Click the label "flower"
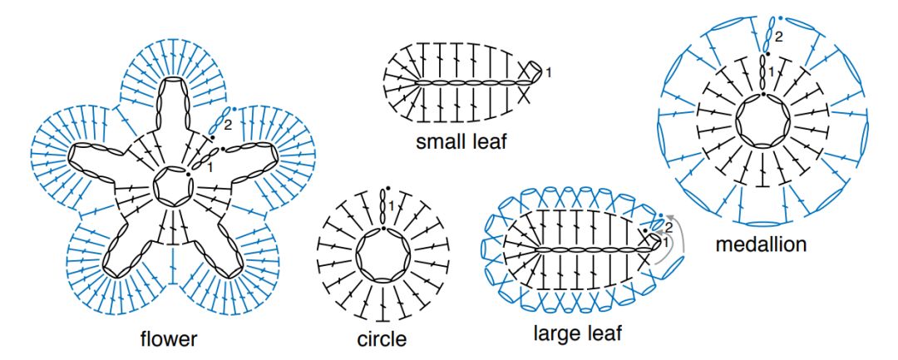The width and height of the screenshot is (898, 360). pyautogui.click(x=169, y=338)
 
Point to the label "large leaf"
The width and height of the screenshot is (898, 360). pyautogui.click(x=577, y=333)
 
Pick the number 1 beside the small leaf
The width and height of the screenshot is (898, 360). pyautogui.click(x=550, y=73)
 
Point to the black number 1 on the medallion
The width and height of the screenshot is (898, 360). pyautogui.click(x=771, y=72)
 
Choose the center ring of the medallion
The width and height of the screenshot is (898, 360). pyautogui.click(x=762, y=121)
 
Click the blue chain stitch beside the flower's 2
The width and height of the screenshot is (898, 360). pyautogui.click(x=219, y=121)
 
